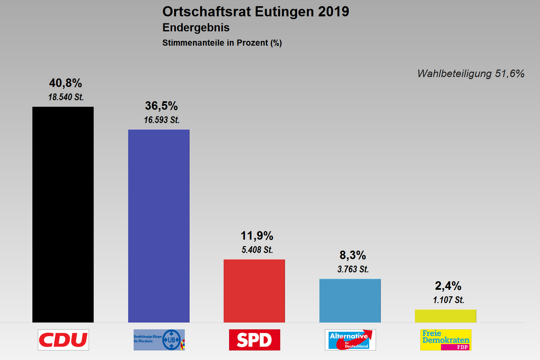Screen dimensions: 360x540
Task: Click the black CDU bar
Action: click(x=63, y=214)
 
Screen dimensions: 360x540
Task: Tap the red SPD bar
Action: click(x=254, y=291)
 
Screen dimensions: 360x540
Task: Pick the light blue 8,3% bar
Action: click(x=350, y=301)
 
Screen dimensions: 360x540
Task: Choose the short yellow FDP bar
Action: click(x=445, y=316)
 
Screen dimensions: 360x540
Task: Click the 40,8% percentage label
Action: click(x=66, y=83)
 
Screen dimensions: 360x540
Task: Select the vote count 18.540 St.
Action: click(x=66, y=97)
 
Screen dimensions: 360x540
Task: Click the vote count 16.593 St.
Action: click(x=162, y=120)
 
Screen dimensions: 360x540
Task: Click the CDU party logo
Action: click(x=63, y=340)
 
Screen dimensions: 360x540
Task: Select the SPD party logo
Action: click(x=254, y=340)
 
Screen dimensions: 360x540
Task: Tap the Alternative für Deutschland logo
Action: click(x=350, y=340)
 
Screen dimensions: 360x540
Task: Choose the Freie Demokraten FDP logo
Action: click(x=445, y=340)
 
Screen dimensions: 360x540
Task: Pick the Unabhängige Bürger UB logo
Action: click(x=159, y=340)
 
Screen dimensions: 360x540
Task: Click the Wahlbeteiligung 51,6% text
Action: click(x=471, y=74)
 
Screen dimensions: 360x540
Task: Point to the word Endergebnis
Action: click(x=196, y=28)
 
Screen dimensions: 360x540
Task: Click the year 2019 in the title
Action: click(x=333, y=11)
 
